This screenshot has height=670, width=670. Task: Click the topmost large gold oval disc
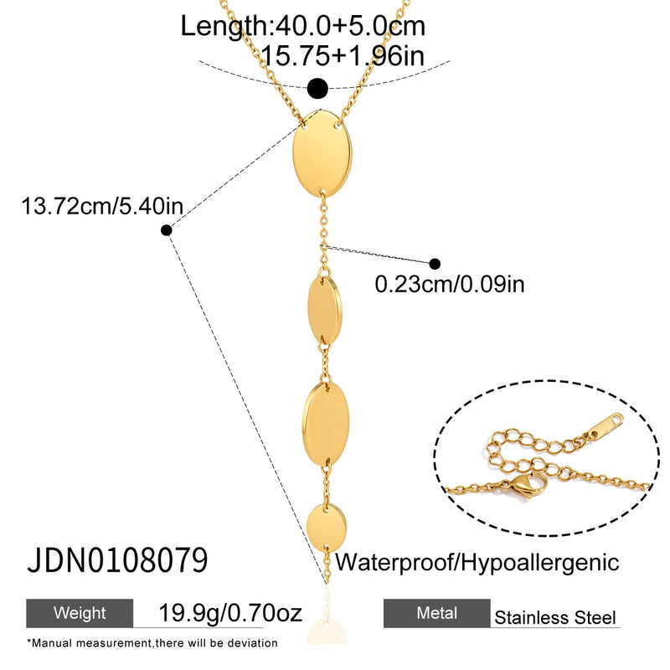(322, 153)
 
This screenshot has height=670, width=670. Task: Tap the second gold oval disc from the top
(325, 309)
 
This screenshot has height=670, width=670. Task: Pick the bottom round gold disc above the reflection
(327, 527)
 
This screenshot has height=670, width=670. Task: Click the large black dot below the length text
(318, 89)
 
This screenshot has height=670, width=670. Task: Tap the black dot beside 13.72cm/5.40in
(167, 230)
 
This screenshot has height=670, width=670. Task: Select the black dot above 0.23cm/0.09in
(435, 264)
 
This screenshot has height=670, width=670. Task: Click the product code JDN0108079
(117, 559)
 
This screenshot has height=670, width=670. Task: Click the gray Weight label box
(80, 613)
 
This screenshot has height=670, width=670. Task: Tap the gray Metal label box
(436, 613)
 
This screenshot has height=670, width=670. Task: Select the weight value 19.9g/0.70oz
(230, 613)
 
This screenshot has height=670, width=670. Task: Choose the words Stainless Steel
(555, 617)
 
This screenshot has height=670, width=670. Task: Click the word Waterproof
(395, 562)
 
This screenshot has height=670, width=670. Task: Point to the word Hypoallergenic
(540, 563)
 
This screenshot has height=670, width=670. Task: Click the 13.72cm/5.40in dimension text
(102, 206)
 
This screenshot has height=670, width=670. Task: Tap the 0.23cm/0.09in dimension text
(450, 284)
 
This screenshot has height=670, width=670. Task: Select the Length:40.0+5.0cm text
(303, 26)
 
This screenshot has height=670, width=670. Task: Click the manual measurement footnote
(152, 643)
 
